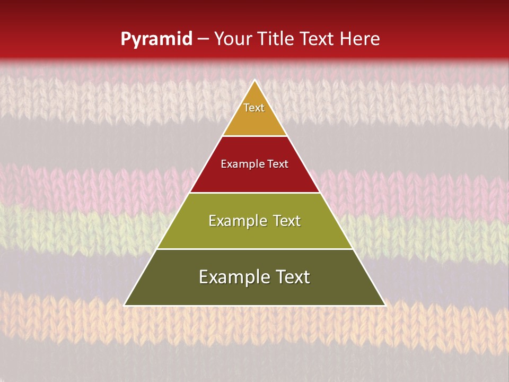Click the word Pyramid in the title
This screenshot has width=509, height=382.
point(156,39)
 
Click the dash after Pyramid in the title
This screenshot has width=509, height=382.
point(203,39)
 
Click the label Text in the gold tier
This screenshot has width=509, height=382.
point(254,108)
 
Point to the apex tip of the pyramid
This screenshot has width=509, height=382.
point(255,81)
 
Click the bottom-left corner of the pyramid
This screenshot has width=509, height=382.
point(125,305)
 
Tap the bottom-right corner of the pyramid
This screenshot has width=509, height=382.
point(384,305)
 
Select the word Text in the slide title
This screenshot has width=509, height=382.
point(319,39)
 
